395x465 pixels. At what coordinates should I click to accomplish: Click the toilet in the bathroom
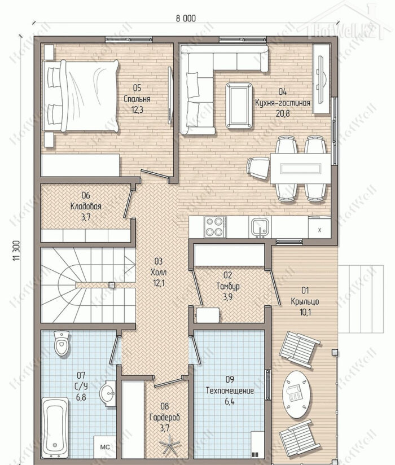click(x=62, y=344)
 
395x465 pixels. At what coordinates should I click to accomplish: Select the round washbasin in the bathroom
click(x=108, y=393)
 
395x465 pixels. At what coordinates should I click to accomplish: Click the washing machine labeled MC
click(x=105, y=446)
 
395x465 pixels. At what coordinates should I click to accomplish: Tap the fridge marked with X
click(x=319, y=228)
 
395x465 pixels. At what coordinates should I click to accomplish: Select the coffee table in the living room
click(x=239, y=106)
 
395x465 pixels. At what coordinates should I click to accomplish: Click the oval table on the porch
click(x=297, y=394)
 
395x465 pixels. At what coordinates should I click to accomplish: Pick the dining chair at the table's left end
click(x=258, y=168)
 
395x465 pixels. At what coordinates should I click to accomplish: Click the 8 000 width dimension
click(x=186, y=19)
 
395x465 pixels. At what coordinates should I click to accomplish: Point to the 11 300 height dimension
click(x=16, y=251)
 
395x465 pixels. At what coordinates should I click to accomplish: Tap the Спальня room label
click(x=137, y=99)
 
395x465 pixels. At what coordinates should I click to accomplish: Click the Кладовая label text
click(x=86, y=206)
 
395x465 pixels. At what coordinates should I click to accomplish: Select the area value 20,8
click(x=283, y=113)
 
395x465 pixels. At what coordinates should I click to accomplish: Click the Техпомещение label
click(x=230, y=391)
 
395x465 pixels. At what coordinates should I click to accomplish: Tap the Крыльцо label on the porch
click(x=305, y=301)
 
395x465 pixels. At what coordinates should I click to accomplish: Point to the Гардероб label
click(x=165, y=418)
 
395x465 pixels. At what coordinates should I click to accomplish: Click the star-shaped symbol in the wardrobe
click(x=169, y=444)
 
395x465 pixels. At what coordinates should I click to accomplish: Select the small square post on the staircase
click(x=112, y=284)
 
